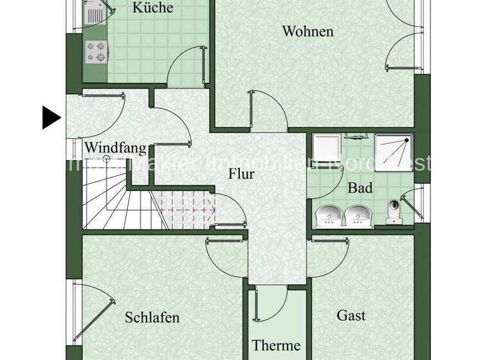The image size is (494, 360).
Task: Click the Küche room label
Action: pyautogui.click(x=152, y=8)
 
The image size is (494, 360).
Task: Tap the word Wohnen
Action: pyautogui.click(x=307, y=31)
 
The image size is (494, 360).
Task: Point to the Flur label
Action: pyautogui.click(x=242, y=174)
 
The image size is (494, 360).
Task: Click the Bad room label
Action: pyautogui.click(x=360, y=188)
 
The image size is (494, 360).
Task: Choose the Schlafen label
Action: pyautogui.click(x=152, y=318)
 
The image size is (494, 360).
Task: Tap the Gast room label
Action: pyautogui.click(x=351, y=315)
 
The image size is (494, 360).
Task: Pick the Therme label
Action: pyautogui.click(x=276, y=346)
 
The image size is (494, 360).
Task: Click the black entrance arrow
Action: pyautogui.click(x=51, y=118)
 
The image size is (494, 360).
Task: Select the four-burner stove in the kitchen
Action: pyautogui.click(x=96, y=52)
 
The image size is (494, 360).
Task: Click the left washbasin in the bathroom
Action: pyautogui.click(x=331, y=215)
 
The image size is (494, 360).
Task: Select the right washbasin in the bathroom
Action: pyautogui.click(x=359, y=215)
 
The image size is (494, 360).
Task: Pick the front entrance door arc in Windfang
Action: pyautogui.click(x=103, y=113)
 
